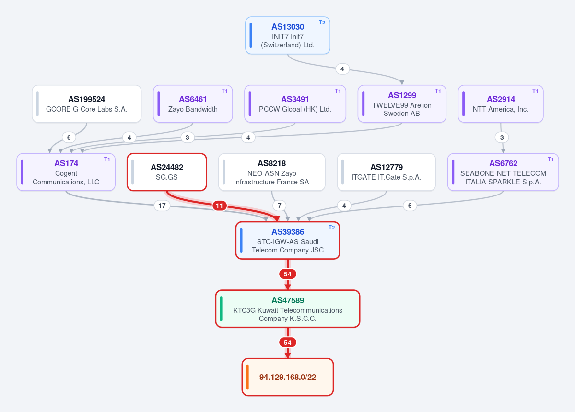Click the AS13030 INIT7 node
pos(288,35)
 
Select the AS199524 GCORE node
pos(86,104)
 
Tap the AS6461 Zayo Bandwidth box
pos(193,104)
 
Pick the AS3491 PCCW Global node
pos(295,104)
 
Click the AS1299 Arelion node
pos(402,104)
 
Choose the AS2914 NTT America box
pos(501,104)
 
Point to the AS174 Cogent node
pos(66,172)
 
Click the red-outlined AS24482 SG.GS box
pos(167,172)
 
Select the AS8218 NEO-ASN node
pos(272,172)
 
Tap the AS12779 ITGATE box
pos(387,172)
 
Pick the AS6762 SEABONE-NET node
pos(503,172)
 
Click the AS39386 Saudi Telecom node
pos(288,240)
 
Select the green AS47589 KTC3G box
pos(288,309)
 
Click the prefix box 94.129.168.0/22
pos(288,377)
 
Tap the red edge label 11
pos(219,206)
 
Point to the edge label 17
pos(162,206)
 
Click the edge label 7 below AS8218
pos(280,206)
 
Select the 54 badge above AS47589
pos(288,274)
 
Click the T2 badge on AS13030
pos(322,23)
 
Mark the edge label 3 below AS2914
pos(502,137)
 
